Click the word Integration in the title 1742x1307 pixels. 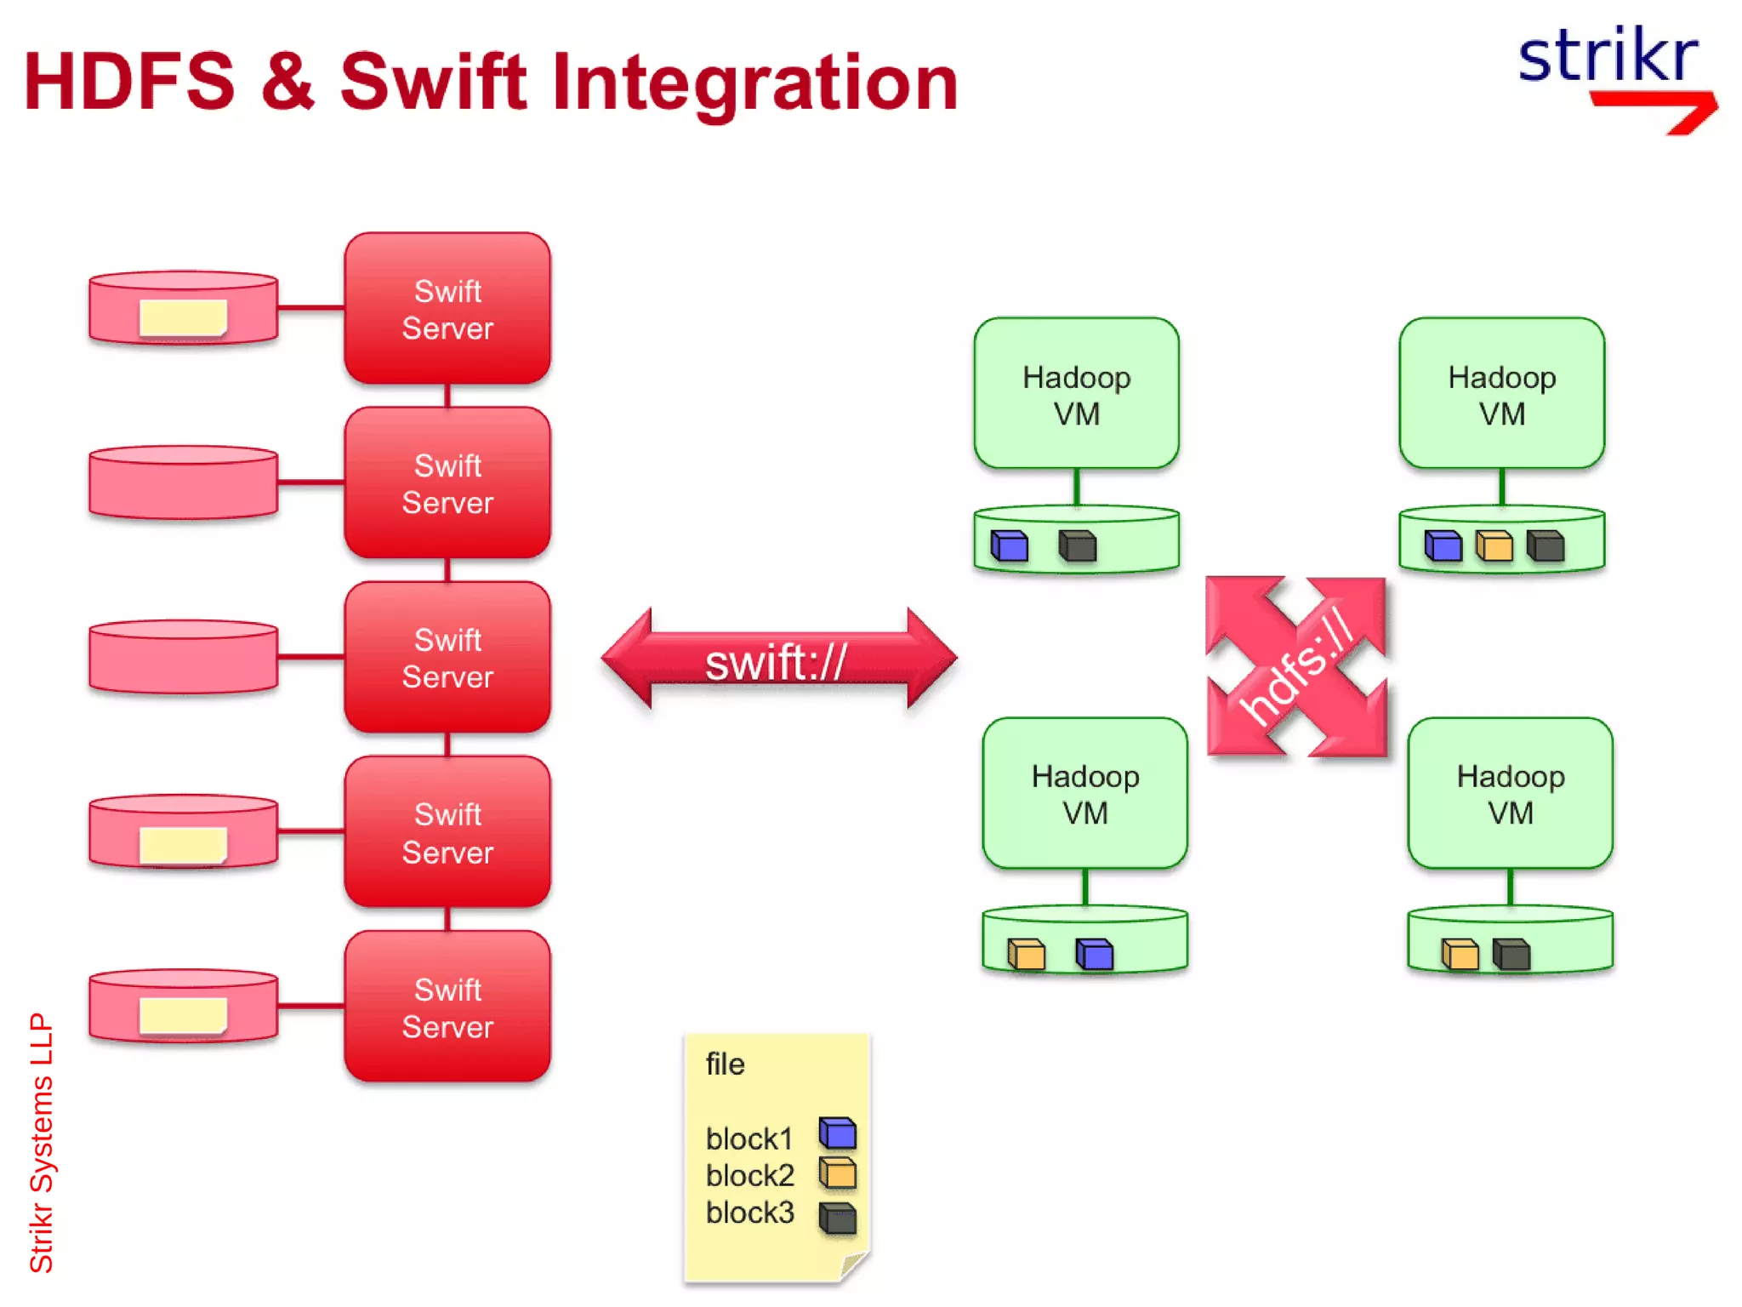[x=755, y=83]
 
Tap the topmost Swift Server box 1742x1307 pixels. [x=447, y=309]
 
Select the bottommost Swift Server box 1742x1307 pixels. [x=447, y=1007]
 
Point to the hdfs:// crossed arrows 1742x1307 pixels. [x=1296, y=666]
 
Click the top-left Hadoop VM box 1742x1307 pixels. [x=1076, y=394]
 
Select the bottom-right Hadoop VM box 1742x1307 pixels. [x=1510, y=793]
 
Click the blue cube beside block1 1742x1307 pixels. [x=838, y=1133]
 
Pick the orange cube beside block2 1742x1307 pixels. [x=838, y=1173]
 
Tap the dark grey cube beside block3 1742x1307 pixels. [x=838, y=1217]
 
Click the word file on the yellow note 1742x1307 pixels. [x=725, y=1064]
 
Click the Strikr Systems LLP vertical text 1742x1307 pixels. [x=41, y=1142]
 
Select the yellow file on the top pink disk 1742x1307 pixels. [x=183, y=317]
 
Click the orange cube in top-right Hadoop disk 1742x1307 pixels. [x=1494, y=545]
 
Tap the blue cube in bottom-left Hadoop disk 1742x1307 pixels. [x=1094, y=954]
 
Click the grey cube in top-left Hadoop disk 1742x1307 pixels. [x=1077, y=545]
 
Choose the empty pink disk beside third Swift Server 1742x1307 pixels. [x=183, y=656]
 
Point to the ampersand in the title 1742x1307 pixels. [x=287, y=83]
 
